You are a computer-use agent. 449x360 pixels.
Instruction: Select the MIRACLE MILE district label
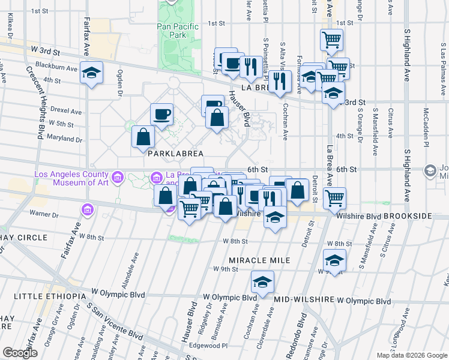(259, 260)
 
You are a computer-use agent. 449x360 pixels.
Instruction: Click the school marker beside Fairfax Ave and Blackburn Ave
(91, 73)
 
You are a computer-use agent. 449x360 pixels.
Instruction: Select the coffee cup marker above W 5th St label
(163, 114)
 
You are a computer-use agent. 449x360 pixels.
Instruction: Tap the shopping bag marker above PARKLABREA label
(143, 137)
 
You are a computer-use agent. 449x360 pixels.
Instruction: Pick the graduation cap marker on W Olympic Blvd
(262, 283)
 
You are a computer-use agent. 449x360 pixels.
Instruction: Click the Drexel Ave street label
(67, 111)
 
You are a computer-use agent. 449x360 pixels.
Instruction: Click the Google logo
(20, 353)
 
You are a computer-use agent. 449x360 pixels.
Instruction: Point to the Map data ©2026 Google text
(411, 355)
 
